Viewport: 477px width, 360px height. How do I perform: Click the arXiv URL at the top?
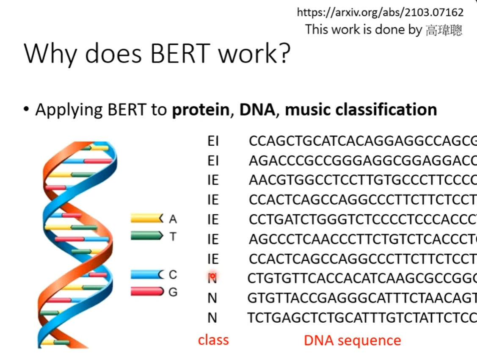380,12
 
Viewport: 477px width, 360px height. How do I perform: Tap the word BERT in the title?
180,53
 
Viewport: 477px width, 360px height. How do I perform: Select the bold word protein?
201,110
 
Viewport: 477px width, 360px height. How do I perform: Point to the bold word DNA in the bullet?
257,110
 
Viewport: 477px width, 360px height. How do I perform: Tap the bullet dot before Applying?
26,109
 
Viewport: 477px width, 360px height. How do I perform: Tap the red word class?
213,340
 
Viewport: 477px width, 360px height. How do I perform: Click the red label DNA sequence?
353,340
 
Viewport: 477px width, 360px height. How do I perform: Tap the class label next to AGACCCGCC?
213,161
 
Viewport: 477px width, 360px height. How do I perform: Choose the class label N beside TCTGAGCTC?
212,318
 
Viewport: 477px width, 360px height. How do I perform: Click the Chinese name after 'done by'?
444,30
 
